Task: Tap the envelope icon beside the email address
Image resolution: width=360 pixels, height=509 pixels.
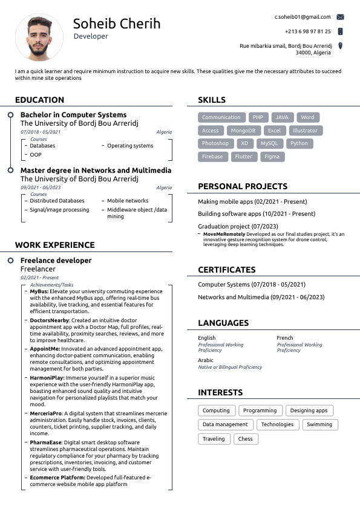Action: [340, 18]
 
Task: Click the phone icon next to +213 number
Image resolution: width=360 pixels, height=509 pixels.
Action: [340, 31]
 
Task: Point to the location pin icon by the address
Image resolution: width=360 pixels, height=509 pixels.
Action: [340, 46]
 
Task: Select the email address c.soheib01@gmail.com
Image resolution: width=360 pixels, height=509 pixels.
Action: [303, 17]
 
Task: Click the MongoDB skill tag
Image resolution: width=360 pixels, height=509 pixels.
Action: [243, 131]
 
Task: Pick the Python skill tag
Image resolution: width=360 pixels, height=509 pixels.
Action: [299, 144]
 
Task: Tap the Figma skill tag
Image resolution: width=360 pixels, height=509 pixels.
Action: [272, 157]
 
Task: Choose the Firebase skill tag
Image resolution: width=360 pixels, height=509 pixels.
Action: [212, 157]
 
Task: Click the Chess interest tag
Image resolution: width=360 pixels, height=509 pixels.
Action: [245, 439]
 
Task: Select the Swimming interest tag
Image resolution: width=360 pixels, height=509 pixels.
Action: [319, 424]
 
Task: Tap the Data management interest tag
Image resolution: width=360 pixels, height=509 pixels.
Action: [225, 424]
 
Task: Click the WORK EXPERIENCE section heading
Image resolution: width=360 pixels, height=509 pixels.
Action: [55, 245]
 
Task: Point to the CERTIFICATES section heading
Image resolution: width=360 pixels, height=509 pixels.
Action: [227, 270]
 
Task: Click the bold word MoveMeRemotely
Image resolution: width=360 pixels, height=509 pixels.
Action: [224, 234]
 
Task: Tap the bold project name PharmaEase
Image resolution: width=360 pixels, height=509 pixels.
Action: [45, 443]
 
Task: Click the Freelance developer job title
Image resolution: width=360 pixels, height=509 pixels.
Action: [56, 261]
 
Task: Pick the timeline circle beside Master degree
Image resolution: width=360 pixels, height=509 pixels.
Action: [10, 171]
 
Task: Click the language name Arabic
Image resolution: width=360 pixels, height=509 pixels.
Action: [206, 360]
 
